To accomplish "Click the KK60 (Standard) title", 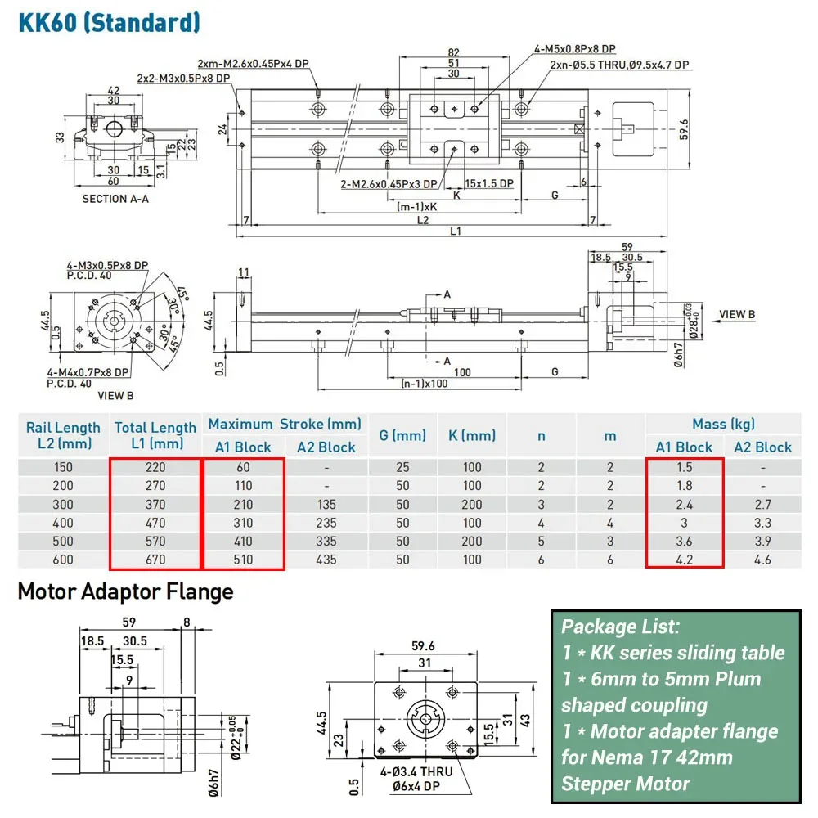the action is [x=109, y=22].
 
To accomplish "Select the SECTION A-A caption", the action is [x=115, y=199].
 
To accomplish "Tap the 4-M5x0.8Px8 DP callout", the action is [x=574, y=48].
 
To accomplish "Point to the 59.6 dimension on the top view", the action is [x=684, y=129].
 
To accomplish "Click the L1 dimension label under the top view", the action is [x=456, y=231].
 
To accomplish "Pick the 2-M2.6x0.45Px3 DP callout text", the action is [x=389, y=184].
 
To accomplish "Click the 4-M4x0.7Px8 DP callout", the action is [x=88, y=372].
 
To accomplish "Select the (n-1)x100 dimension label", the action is [x=424, y=384].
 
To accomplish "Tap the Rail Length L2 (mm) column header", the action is [x=63, y=435].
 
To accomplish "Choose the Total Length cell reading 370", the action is [x=155, y=505].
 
